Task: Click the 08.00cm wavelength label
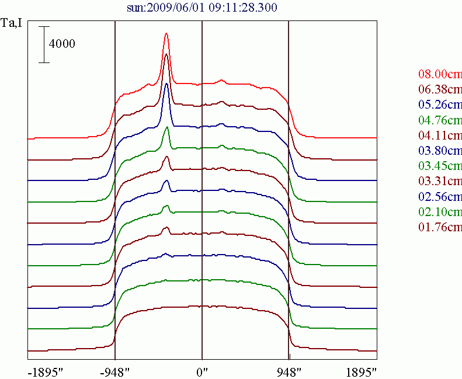tap(440, 74)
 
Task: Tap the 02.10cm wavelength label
tap(440, 211)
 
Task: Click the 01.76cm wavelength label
tap(440, 227)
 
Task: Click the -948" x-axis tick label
tap(115, 371)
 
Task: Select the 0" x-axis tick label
tap(202, 371)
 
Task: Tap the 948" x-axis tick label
tap(289, 371)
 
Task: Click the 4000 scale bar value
tap(62, 44)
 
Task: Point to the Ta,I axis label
tap(12, 24)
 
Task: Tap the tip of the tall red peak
tap(166, 33)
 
